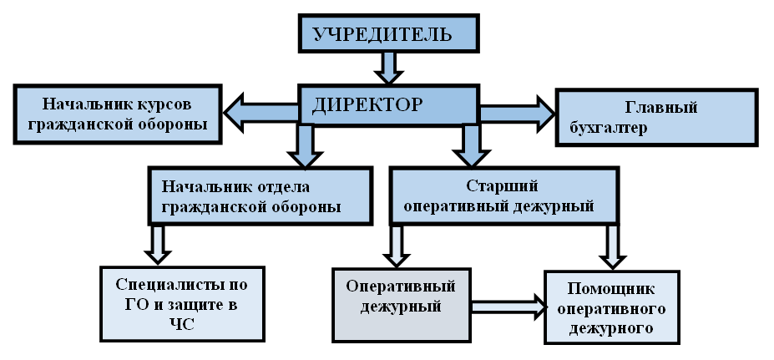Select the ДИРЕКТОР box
388,105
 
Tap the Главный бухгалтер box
657,117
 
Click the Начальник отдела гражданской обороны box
259,195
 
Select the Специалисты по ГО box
181,302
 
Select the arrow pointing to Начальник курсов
259,114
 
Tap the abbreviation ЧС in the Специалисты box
181,324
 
